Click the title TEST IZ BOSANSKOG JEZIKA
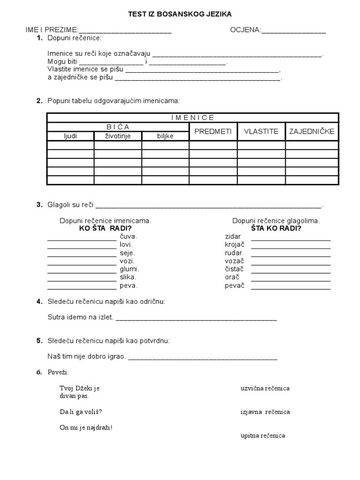tap(180, 15)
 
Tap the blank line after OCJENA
tap(293, 32)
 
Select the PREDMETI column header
tap(213, 132)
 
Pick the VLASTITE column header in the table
tap(261, 132)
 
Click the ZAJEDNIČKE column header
tap(312, 132)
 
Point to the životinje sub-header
tap(118, 136)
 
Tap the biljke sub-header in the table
tap(165, 136)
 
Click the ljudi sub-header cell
tap(71, 136)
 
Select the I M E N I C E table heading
tap(192, 117)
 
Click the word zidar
tap(232, 236)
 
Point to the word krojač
tap(234, 245)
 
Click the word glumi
tap(129, 269)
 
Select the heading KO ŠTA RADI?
tap(105, 228)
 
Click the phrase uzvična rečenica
tap(265, 388)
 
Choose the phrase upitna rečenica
tap(262, 435)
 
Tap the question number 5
tap(39, 341)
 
